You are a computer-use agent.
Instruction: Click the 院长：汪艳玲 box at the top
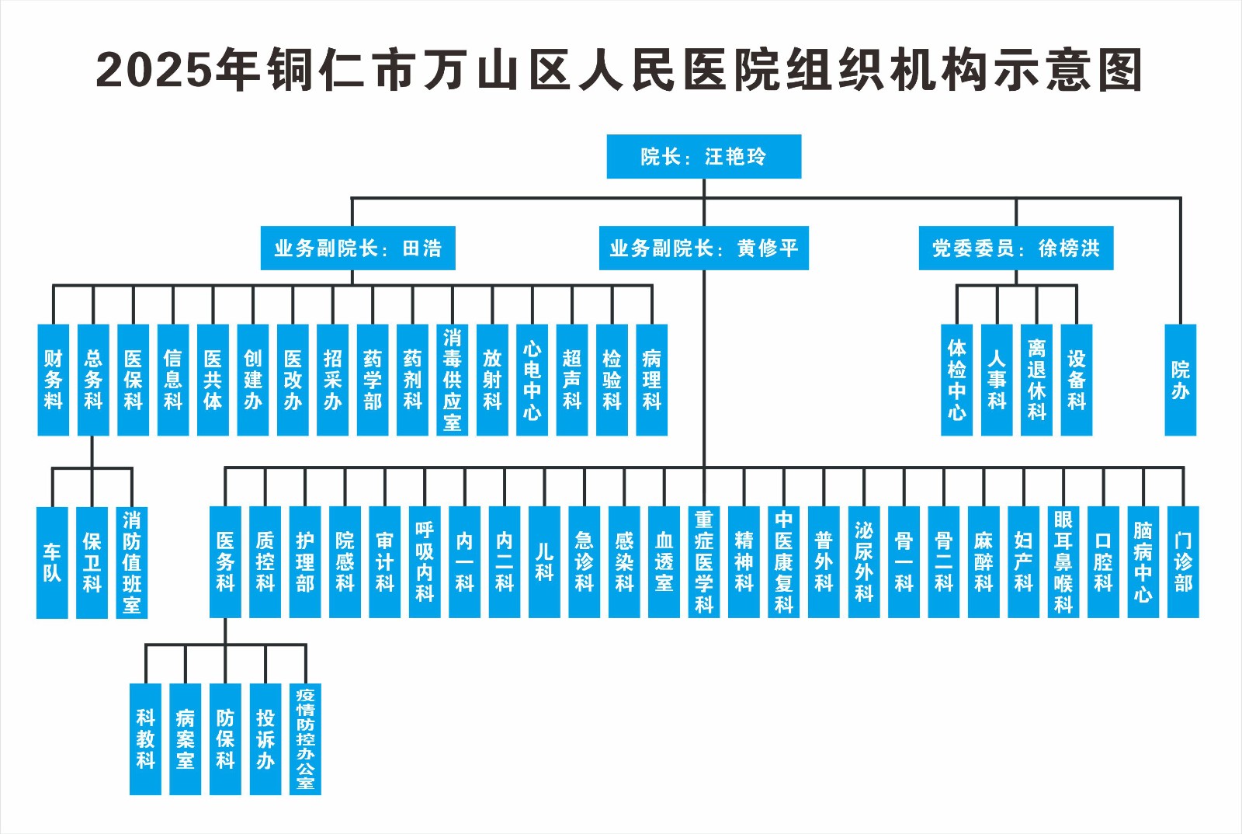[x=703, y=157]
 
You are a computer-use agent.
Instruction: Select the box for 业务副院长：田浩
[x=357, y=248]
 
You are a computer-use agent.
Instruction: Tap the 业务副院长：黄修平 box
[x=703, y=248]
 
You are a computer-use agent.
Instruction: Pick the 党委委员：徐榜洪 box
[x=1015, y=248]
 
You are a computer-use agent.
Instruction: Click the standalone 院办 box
[x=1180, y=380]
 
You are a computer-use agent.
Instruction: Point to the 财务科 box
[x=53, y=380]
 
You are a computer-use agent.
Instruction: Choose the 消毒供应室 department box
[x=452, y=380]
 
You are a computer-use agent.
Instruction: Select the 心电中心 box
[x=532, y=380]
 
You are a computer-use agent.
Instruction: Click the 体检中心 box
[x=956, y=380]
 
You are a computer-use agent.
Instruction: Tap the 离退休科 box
[x=1036, y=380]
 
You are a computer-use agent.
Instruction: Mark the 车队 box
[x=52, y=562]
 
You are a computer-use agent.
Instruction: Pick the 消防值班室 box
[x=132, y=562]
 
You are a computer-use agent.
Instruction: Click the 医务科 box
[x=225, y=562]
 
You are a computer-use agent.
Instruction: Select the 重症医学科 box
[x=704, y=562]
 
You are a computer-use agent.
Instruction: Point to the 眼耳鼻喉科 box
[x=1063, y=562]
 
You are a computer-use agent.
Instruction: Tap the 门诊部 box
[x=1183, y=562]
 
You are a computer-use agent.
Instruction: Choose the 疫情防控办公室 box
[x=305, y=739]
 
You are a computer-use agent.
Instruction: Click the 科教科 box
[x=145, y=739]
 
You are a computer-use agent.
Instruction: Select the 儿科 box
[x=544, y=562]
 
